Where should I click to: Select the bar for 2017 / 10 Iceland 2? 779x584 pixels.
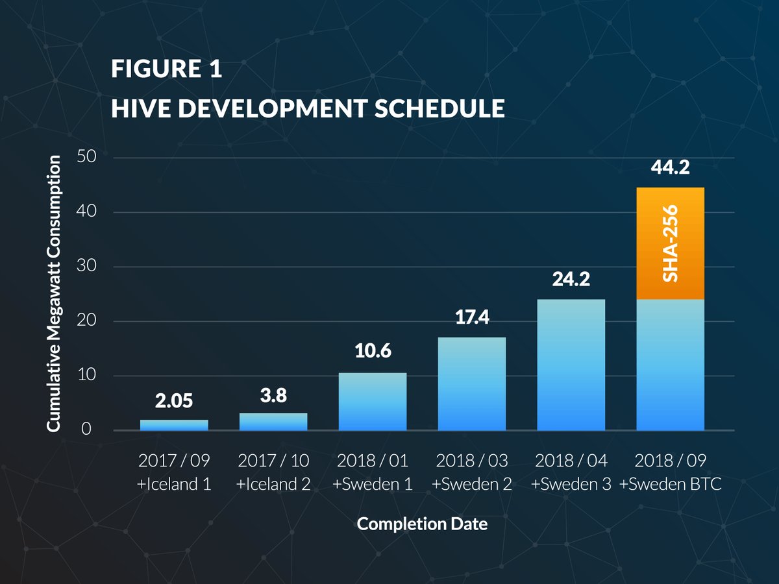point(273,422)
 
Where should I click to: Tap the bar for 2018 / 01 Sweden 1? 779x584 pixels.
point(373,402)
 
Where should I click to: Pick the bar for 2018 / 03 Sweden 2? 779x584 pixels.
point(472,383)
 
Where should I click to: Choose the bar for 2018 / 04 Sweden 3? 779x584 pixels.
point(571,365)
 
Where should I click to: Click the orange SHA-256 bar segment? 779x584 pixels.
point(671,243)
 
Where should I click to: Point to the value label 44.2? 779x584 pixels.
point(670,169)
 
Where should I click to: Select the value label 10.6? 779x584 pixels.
point(373,352)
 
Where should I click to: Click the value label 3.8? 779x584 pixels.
point(273,396)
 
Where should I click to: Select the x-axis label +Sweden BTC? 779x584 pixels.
point(671,484)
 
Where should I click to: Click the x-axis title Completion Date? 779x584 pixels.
point(422,524)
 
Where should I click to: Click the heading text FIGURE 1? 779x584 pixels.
point(167,69)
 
